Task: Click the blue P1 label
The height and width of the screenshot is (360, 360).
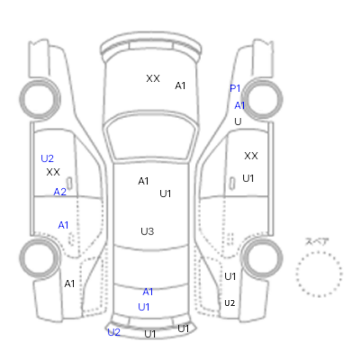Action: (235, 88)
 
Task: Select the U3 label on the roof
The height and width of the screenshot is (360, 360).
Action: (148, 231)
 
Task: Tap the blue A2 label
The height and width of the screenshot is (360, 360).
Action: (60, 192)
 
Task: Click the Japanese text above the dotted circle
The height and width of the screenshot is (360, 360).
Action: (317, 242)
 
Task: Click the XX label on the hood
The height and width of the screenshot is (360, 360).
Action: (153, 79)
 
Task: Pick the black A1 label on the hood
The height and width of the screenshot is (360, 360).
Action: (180, 86)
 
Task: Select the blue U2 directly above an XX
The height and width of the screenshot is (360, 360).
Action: (47, 158)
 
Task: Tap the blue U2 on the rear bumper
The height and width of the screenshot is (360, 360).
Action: (114, 332)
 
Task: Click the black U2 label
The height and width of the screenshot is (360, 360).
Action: (229, 303)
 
